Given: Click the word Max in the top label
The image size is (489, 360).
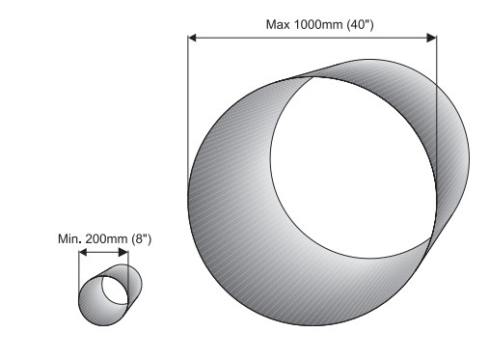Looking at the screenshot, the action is click(x=278, y=24).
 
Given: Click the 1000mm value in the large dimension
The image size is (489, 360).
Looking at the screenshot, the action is click(x=318, y=24).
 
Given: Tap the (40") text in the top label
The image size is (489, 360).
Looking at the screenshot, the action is click(x=361, y=24).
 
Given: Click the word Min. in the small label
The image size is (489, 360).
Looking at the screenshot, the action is click(x=69, y=239).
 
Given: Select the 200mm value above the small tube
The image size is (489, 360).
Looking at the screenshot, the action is click(x=107, y=239).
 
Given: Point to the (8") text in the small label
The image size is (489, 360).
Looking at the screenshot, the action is click(x=142, y=239).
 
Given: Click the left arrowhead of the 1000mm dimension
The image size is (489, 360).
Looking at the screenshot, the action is click(x=192, y=38).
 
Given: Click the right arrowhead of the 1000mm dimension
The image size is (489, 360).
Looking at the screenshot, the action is click(x=431, y=38).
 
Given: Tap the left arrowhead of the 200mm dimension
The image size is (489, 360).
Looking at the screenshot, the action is click(x=83, y=252).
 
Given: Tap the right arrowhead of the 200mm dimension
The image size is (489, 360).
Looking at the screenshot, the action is click(x=123, y=252).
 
